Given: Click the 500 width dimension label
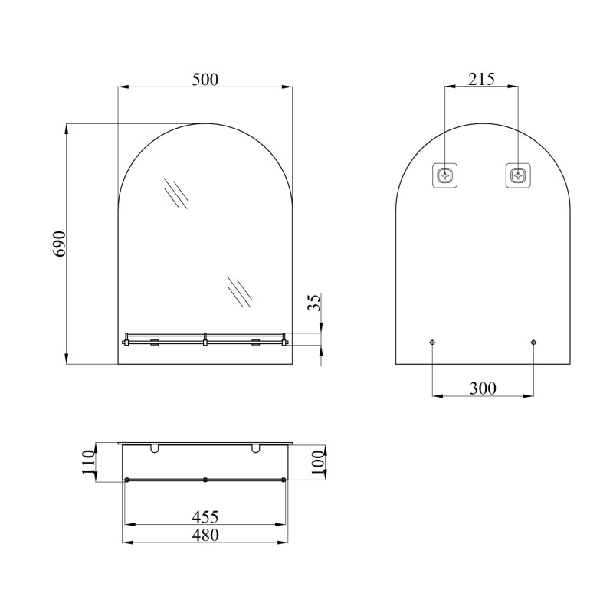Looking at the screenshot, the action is coord(205,80).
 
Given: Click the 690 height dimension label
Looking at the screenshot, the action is coord(60,244).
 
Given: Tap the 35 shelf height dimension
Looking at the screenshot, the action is coord(314,302).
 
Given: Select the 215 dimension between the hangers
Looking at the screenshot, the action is coord(482,79).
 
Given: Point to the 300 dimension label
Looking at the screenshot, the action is coord(483,388).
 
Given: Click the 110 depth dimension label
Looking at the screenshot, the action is coord(89,463).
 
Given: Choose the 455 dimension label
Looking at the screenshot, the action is coord(205,516).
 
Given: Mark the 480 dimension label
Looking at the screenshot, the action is coord(205,535).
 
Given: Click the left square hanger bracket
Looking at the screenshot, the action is coord(445,175).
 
